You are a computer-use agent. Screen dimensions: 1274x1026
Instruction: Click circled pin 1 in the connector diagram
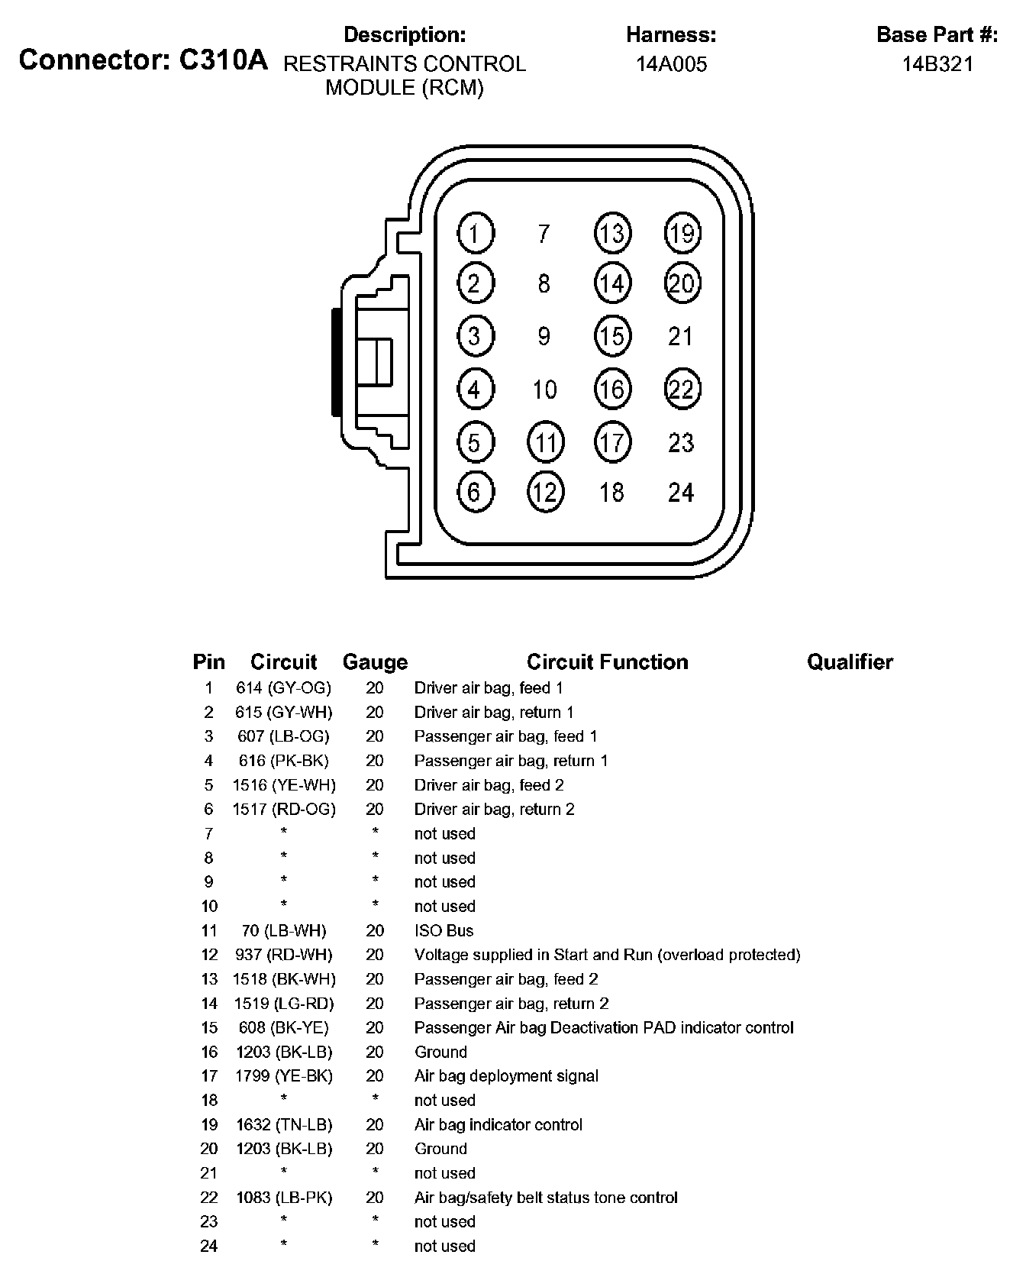click(x=475, y=234)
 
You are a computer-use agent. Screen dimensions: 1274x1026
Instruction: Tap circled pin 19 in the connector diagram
click(x=682, y=233)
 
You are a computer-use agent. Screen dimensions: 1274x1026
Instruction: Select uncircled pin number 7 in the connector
click(x=544, y=233)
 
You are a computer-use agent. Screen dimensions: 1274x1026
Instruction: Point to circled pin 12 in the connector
click(x=545, y=492)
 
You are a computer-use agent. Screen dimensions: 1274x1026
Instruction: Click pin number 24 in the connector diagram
click(x=681, y=493)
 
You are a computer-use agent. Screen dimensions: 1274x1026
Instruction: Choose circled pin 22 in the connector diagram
click(x=682, y=390)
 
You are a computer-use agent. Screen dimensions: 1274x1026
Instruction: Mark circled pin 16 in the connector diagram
click(x=612, y=390)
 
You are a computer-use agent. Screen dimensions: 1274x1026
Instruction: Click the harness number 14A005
click(x=672, y=64)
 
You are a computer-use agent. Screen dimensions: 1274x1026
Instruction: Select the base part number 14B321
click(x=937, y=64)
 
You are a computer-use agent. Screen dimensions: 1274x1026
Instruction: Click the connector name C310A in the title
click(x=223, y=60)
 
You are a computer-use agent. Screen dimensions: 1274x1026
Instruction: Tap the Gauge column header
click(x=375, y=662)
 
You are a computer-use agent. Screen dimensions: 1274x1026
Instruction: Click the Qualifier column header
click(x=850, y=662)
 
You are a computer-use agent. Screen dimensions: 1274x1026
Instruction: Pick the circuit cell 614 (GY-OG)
click(x=284, y=688)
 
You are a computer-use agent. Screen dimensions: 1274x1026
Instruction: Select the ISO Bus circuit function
click(x=444, y=931)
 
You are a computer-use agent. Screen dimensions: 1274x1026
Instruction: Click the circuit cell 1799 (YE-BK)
click(x=284, y=1077)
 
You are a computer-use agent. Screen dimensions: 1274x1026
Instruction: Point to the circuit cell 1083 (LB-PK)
click(x=284, y=1198)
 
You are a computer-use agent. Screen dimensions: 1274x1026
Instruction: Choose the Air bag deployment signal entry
click(x=506, y=1077)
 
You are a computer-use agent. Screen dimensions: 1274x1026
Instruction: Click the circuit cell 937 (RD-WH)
click(x=284, y=955)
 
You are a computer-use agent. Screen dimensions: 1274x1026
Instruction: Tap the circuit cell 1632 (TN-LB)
click(x=284, y=1125)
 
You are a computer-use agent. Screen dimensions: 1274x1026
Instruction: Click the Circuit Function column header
click(x=607, y=662)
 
